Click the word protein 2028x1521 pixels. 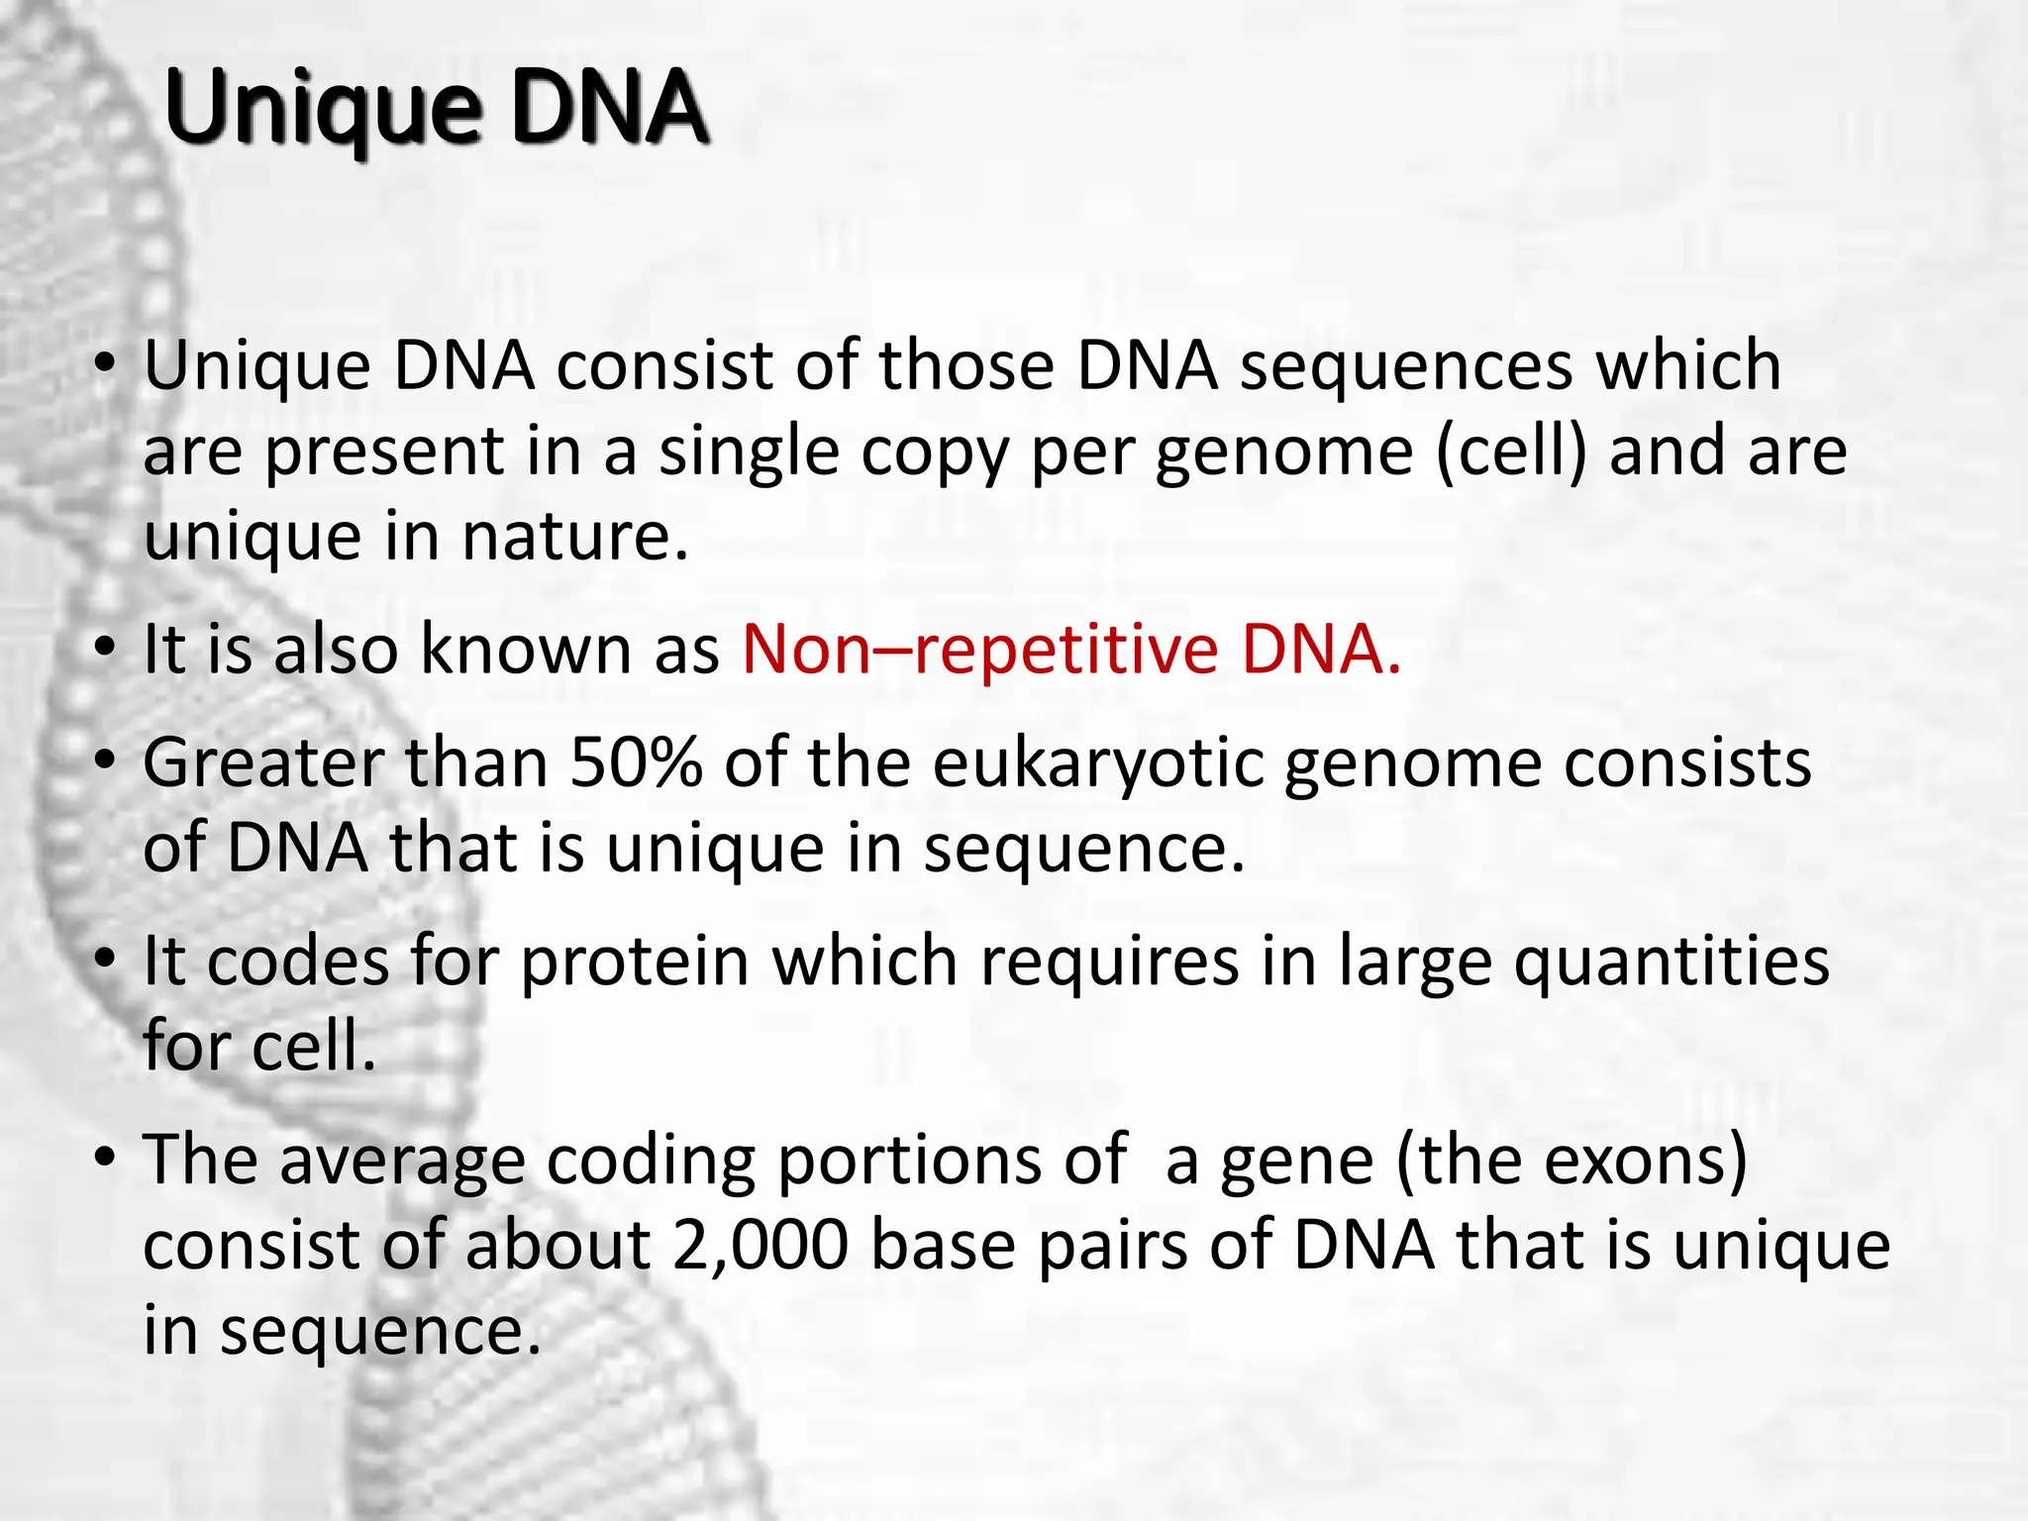635,962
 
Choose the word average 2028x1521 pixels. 402,1162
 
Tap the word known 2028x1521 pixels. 526,650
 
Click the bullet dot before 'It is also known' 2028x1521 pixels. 105,650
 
